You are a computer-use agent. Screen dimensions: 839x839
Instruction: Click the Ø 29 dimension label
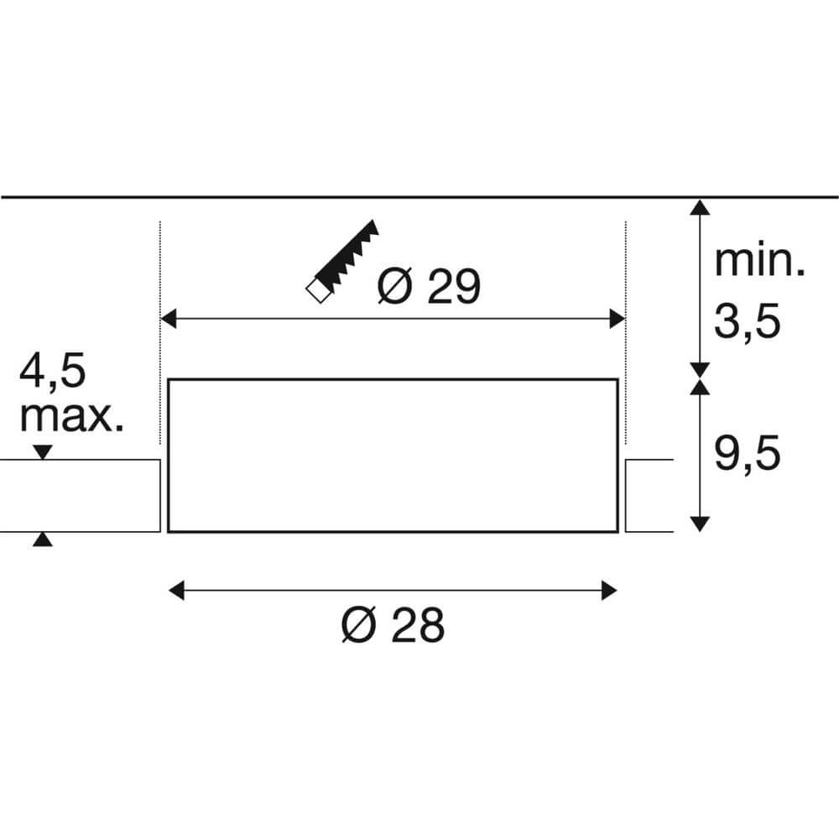click(428, 288)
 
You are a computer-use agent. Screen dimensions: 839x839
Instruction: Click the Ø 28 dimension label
click(392, 625)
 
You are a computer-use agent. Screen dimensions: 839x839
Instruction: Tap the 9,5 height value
click(748, 456)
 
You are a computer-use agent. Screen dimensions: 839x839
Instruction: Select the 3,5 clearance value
click(748, 321)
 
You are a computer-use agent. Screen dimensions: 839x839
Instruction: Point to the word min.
click(759, 262)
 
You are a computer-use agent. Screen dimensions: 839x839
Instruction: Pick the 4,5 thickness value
click(53, 372)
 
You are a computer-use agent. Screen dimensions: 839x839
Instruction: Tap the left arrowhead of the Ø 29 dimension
click(169, 319)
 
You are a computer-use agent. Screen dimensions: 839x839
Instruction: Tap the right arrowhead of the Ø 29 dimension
click(618, 319)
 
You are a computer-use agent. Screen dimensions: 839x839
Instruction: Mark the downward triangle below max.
click(43, 453)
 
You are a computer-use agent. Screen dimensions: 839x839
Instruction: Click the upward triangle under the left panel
click(43, 539)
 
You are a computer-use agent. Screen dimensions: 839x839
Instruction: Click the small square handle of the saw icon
click(316, 289)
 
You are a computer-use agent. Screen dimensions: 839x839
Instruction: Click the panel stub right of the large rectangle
click(649, 495)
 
